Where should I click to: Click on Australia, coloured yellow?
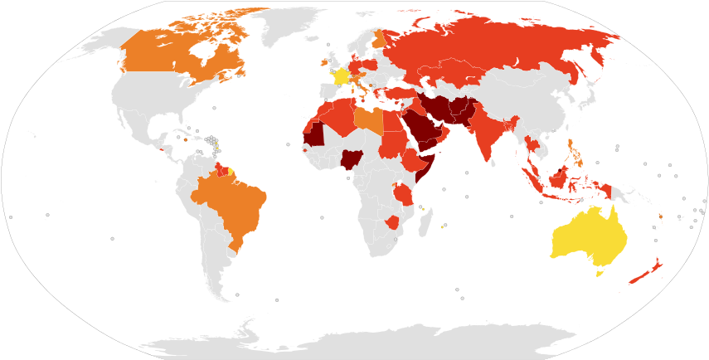[585, 236]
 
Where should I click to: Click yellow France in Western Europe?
[341, 76]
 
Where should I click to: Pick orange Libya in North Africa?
[369, 120]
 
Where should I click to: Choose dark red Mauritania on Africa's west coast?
[313, 133]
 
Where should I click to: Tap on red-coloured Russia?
[498, 50]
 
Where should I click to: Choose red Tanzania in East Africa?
[404, 194]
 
